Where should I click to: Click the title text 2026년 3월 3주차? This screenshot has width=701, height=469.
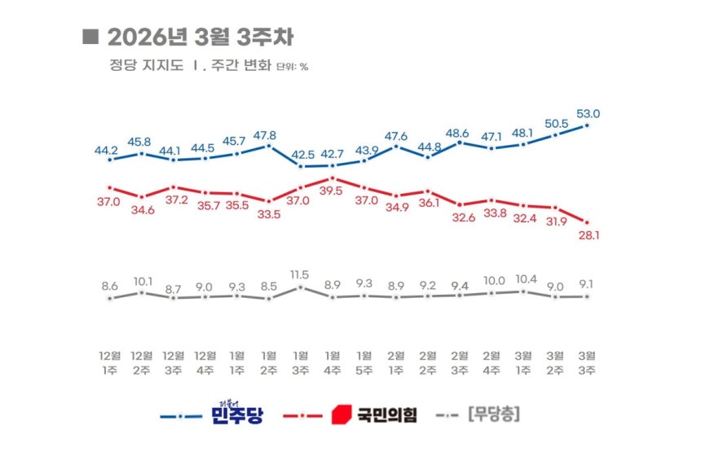[200, 37]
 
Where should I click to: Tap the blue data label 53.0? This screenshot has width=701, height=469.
[589, 114]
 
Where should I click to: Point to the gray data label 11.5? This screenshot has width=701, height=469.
[301, 274]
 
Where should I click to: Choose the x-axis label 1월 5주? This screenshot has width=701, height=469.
[364, 362]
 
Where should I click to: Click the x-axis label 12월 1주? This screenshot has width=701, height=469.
[109, 362]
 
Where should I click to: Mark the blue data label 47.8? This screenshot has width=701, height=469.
[269, 136]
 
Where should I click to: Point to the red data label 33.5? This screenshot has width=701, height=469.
[269, 214]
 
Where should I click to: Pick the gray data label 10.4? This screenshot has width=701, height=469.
[524, 278]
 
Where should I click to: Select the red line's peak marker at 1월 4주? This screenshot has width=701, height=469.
[333, 178]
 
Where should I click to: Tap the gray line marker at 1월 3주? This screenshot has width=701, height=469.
[301, 287]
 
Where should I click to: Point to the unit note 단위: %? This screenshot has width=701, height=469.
[293, 67]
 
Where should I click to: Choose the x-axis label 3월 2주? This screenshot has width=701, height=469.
[556, 362]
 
